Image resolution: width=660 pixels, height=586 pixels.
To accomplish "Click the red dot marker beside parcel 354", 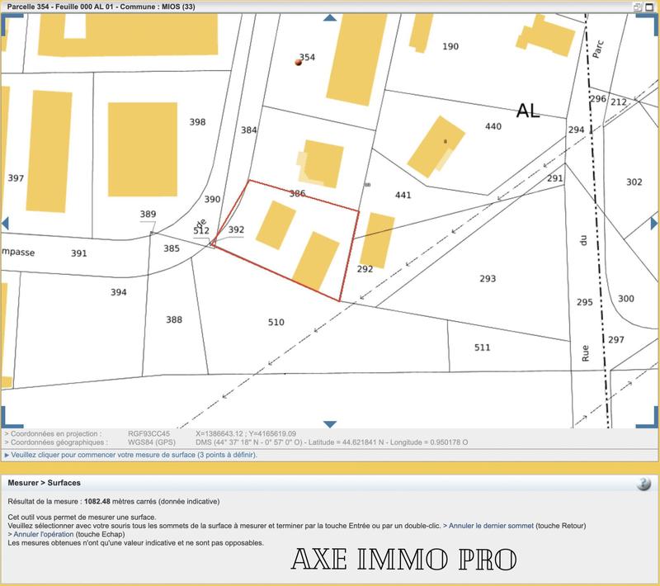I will [x=299, y=62].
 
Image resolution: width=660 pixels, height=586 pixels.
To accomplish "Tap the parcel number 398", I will [x=197, y=122].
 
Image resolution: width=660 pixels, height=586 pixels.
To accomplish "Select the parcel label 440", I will [x=493, y=126].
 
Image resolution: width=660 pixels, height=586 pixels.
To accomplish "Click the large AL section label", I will [x=528, y=111].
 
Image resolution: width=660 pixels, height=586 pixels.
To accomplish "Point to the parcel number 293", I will [x=488, y=279].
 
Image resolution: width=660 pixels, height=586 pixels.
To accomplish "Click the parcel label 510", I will [x=276, y=322].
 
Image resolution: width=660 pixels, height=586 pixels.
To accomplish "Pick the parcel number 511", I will [x=483, y=347].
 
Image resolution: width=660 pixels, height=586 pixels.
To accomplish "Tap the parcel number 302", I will [x=634, y=182].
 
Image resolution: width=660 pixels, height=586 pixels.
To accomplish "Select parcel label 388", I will [x=173, y=320].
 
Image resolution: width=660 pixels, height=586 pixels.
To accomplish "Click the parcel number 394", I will [x=119, y=292].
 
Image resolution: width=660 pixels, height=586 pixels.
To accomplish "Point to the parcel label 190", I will [x=450, y=47].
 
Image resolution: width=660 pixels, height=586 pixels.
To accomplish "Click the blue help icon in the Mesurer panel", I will [x=643, y=484].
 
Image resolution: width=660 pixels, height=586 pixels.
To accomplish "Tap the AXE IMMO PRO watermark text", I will [x=403, y=560].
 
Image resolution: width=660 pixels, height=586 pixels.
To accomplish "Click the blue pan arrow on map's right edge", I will [x=653, y=224].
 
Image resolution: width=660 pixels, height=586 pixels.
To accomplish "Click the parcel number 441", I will [x=403, y=196].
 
